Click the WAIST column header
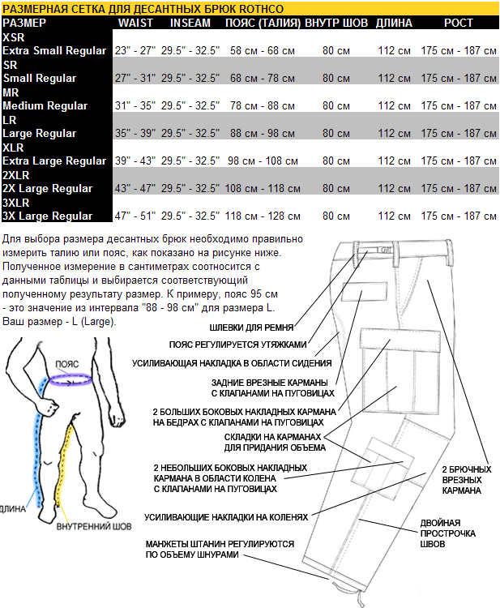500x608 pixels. point(135,23)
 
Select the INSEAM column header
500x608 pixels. point(190,23)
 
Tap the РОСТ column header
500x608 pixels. point(459,23)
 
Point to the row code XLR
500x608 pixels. point(14,148)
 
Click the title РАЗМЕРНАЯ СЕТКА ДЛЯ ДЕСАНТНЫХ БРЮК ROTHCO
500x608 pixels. point(143,8)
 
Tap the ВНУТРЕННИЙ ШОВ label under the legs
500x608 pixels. point(94,527)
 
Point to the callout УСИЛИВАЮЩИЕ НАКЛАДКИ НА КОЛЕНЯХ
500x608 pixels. point(226,516)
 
